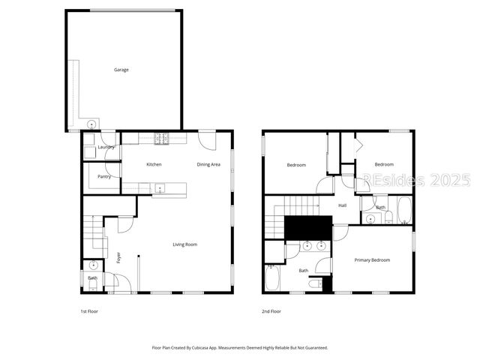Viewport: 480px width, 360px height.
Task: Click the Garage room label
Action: click(121, 70)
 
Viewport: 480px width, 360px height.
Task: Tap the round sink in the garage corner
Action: click(91, 124)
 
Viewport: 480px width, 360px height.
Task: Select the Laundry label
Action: click(106, 147)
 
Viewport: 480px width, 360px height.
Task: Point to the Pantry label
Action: click(104, 177)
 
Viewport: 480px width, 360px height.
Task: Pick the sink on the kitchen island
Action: click(160, 188)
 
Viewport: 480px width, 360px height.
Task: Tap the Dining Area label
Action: click(208, 164)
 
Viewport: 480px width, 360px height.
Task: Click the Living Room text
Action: click(184, 244)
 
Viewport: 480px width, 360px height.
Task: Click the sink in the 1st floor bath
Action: click(93, 265)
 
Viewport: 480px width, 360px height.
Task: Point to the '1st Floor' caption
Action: click(89, 311)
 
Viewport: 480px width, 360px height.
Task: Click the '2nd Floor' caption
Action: click(271, 311)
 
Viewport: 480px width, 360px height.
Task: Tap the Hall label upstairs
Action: click(342, 205)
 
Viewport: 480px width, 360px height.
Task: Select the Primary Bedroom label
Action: click(373, 260)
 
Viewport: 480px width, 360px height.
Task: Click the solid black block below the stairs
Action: click(308, 227)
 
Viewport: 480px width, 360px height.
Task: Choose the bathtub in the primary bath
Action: click(271, 280)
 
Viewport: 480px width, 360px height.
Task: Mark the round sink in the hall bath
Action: click(371, 219)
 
